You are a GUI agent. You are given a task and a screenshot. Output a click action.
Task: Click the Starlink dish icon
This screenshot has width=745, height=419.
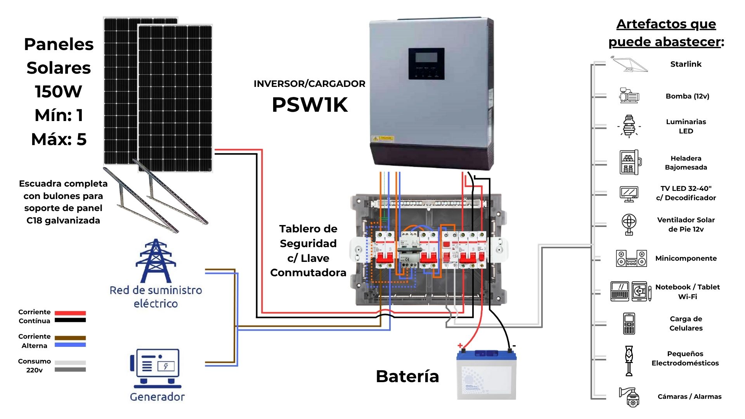coord(629,64)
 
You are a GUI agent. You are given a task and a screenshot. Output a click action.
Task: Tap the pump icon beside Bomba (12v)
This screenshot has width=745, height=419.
coord(629,95)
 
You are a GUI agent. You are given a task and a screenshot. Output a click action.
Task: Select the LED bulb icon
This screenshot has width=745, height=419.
coord(629,126)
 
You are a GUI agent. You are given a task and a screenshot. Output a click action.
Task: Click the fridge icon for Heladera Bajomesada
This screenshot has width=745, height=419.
coord(630,162)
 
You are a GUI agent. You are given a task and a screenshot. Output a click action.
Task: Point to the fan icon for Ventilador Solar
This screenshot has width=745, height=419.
coord(629,224)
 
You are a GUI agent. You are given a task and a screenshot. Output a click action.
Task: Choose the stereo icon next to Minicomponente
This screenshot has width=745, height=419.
coord(631,258)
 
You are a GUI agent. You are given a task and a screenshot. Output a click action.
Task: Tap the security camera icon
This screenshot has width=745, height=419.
coord(630,396)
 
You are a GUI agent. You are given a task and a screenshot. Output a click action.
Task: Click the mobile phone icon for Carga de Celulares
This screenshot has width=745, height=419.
coord(629,323)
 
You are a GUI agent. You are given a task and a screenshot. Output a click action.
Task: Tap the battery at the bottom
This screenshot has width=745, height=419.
coord(487,374)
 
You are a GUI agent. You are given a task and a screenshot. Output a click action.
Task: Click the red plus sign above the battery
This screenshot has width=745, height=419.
coord(460,345)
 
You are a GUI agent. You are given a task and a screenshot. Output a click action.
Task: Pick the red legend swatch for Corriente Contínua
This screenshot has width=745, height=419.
coord(70,313)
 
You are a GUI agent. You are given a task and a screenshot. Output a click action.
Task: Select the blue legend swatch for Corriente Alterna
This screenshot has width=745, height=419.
coord(70,345)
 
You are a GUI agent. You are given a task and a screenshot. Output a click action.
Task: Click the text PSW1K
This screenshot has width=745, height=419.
coord(310,105)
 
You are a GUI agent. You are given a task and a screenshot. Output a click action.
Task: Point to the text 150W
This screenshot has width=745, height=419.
coord(59,92)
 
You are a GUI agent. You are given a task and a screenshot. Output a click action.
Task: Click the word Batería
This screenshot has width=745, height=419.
coord(407,376)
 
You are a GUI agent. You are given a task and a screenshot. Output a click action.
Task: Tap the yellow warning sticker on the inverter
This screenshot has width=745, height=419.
coord(383,138)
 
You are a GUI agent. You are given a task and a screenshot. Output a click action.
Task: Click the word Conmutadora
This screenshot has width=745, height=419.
coord(308,273)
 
